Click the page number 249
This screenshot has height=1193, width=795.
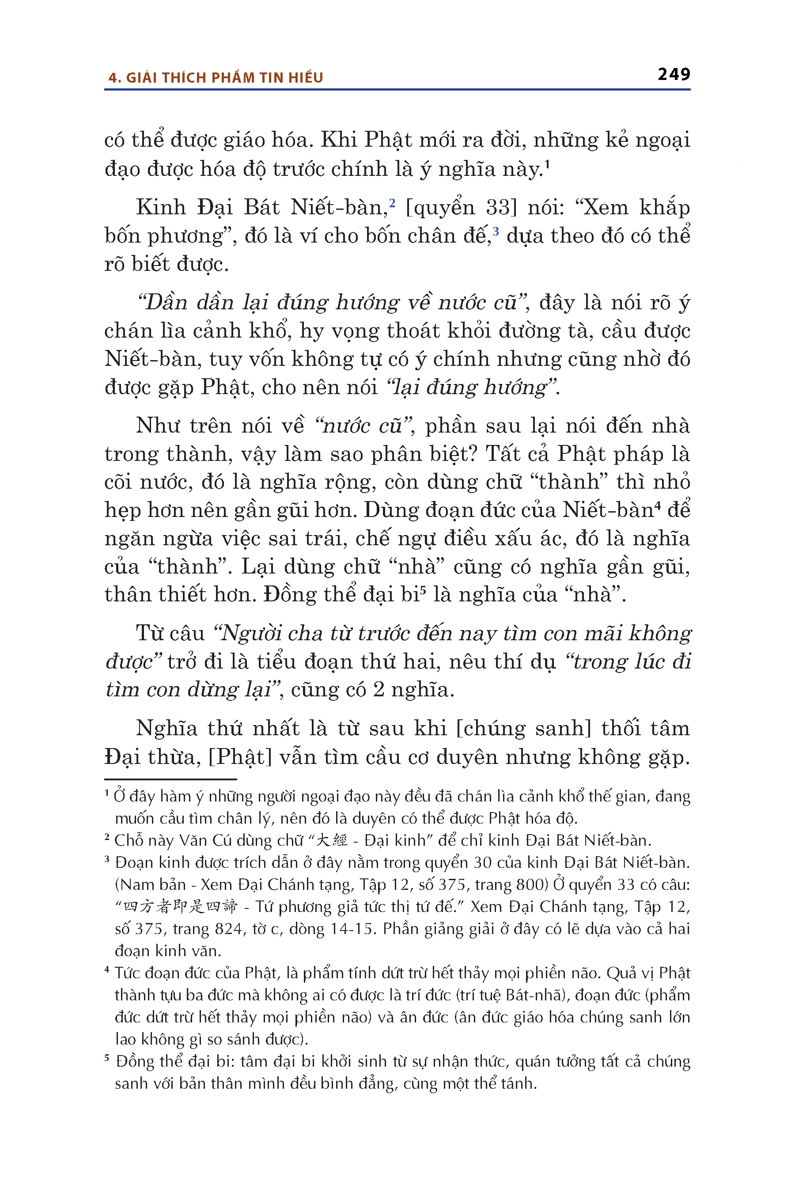[x=674, y=75]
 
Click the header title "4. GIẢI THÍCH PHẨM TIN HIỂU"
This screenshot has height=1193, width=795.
[x=216, y=78]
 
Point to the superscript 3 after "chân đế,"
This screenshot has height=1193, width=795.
[x=496, y=231]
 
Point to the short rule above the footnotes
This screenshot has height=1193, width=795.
[x=170, y=779]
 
